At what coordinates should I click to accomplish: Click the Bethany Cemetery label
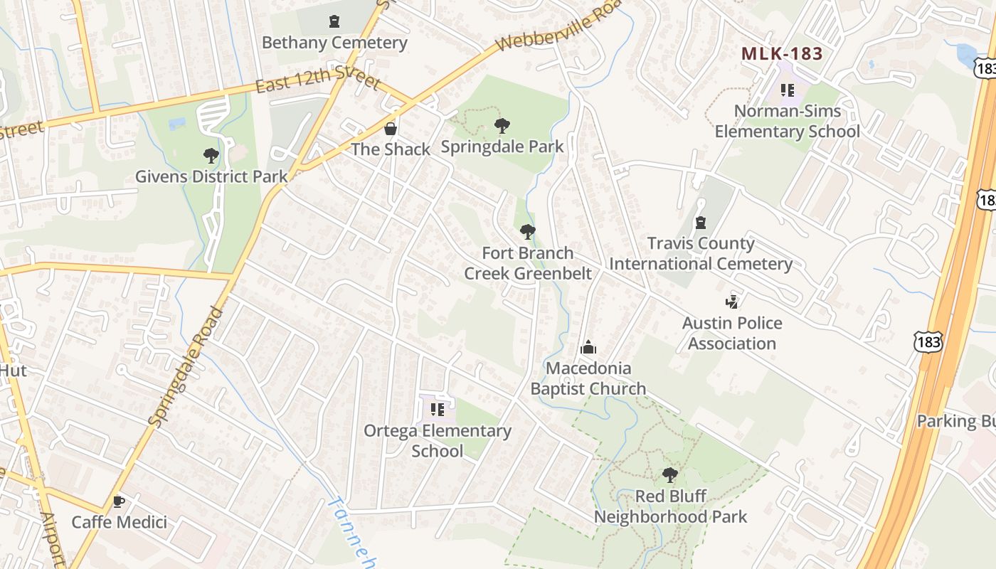click(x=334, y=43)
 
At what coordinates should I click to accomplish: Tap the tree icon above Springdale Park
click(x=502, y=127)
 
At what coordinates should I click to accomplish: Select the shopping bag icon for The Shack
click(x=391, y=129)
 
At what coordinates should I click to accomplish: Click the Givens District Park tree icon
click(x=211, y=155)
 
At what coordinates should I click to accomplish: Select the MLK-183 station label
click(x=782, y=54)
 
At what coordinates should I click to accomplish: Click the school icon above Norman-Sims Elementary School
click(x=787, y=90)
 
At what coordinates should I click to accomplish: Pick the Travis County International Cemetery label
click(x=701, y=254)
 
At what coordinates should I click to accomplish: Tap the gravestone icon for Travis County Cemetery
click(x=701, y=223)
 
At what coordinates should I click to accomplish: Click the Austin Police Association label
click(x=732, y=333)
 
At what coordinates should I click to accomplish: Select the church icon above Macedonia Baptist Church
click(x=588, y=348)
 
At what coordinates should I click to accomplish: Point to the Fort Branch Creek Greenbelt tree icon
click(x=527, y=232)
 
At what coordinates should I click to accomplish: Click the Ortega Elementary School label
click(x=437, y=440)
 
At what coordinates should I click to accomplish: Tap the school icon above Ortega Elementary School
click(x=437, y=410)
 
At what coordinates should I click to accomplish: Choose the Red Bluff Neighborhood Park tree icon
click(x=669, y=474)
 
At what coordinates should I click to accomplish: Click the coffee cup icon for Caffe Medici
click(x=119, y=501)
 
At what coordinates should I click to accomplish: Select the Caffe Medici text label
click(x=119, y=522)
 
